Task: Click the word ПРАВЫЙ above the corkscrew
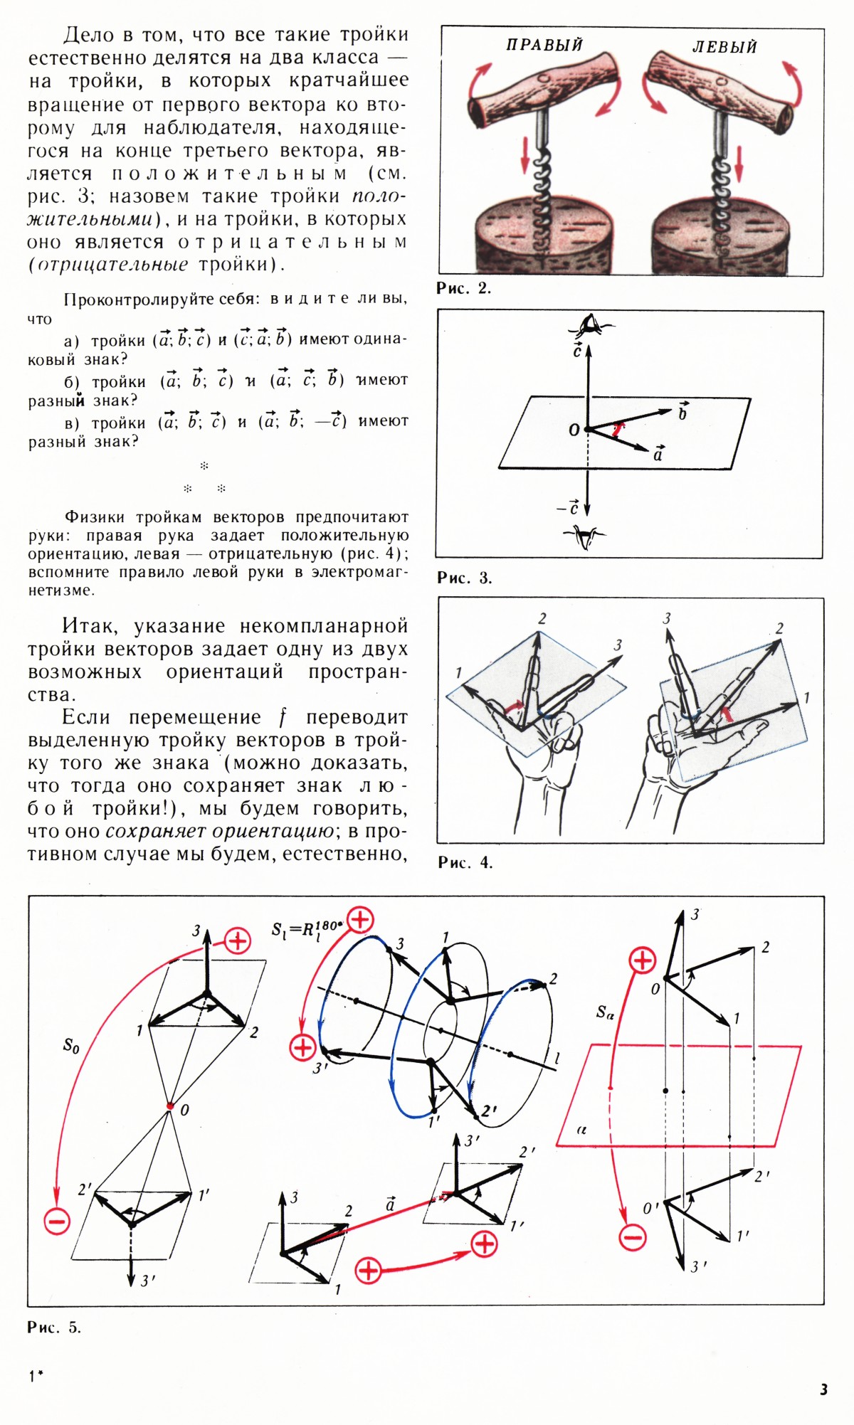pyautogui.click(x=544, y=45)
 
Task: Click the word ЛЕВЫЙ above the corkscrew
pyautogui.click(x=724, y=47)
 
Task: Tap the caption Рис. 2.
pyautogui.click(x=464, y=288)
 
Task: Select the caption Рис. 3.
pyautogui.click(x=464, y=578)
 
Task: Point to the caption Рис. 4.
pyautogui.click(x=465, y=862)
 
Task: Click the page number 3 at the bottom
pyautogui.click(x=823, y=1389)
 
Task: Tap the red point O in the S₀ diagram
pyautogui.click(x=169, y=1106)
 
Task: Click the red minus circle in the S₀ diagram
pyautogui.click(x=57, y=1222)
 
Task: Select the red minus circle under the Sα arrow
pyautogui.click(x=632, y=1236)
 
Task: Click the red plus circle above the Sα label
pyautogui.click(x=643, y=960)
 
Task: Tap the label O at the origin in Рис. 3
pyautogui.click(x=574, y=430)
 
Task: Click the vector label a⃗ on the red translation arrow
pyautogui.click(x=390, y=1205)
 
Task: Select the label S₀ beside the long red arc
pyautogui.click(x=70, y=1046)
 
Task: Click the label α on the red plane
pyautogui.click(x=581, y=1130)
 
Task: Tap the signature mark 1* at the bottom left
pyautogui.click(x=36, y=1376)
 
